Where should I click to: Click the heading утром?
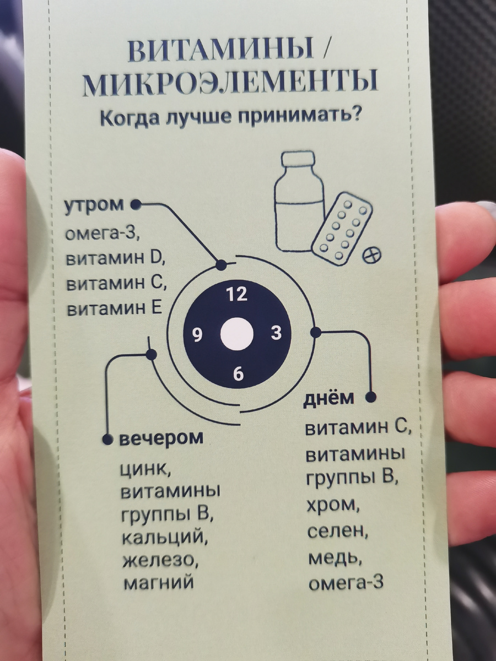(94, 205)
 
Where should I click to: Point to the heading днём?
(329, 398)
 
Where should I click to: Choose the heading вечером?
(161, 439)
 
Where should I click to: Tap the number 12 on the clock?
(237, 294)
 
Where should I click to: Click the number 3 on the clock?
(277, 333)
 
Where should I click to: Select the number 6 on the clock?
(238, 374)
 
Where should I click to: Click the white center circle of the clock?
(237, 334)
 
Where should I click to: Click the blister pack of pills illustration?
(342, 225)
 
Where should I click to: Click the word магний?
(158, 582)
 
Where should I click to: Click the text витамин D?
(116, 259)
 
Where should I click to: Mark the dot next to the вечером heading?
(108, 440)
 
